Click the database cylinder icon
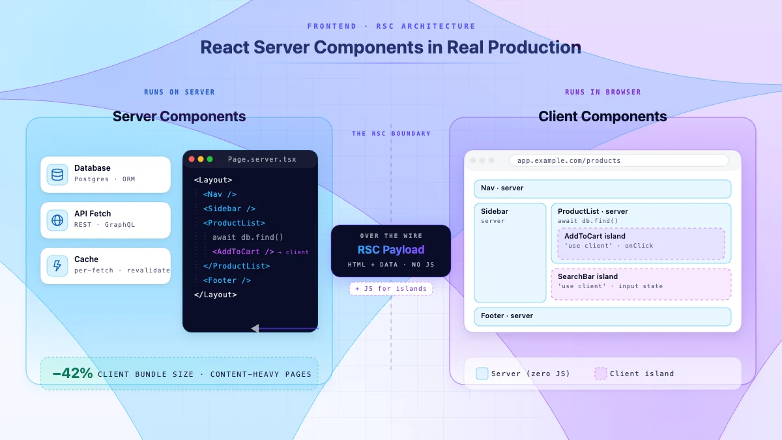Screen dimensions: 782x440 click(57, 175)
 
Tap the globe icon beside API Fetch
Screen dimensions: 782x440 click(57, 220)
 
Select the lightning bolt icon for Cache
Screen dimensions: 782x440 click(57, 266)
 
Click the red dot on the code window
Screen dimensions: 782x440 click(192, 159)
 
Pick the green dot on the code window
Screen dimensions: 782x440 click(210, 159)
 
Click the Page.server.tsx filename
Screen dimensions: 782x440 click(262, 159)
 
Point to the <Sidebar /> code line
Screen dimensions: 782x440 click(229, 209)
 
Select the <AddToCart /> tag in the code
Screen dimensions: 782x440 click(243, 252)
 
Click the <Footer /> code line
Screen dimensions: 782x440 click(227, 280)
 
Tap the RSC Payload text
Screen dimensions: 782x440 click(391, 250)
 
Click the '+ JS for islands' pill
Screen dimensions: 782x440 click(391, 288)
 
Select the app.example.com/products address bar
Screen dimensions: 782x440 click(619, 160)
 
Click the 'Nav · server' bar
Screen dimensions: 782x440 click(603, 189)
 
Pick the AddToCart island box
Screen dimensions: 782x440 click(641, 243)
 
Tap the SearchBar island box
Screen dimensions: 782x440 click(641, 284)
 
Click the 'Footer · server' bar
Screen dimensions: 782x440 click(603, 317)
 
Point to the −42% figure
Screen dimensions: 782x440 click(72, 373)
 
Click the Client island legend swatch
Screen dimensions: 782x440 click(600, 374)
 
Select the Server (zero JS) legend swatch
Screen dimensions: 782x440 click(482, 374)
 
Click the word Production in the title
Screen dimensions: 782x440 click(534, 47)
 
